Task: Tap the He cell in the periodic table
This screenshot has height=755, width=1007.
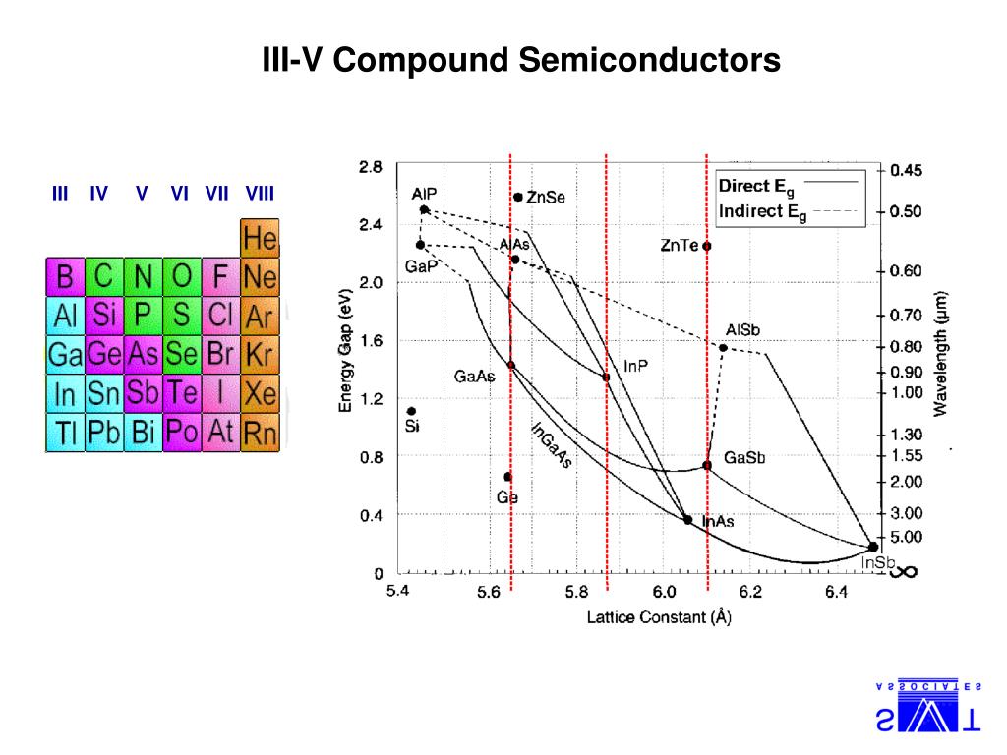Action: tap(260, 238)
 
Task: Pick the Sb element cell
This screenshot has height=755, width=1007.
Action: tap(143, 393)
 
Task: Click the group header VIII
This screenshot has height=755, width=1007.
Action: tap(260, 193)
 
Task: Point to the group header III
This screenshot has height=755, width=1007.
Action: tap(60, 193)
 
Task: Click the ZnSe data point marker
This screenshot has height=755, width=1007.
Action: tap(518, 197)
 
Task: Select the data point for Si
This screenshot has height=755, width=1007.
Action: tap(411, 411)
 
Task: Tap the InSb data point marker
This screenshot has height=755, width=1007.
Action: tap(872, 547)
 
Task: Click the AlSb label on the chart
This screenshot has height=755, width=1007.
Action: tap(742, 329)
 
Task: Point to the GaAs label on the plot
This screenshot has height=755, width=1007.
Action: tap(474, 376)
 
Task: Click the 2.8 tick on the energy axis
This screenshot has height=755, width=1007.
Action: tap(370, 167)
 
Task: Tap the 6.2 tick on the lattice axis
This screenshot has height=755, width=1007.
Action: tap(750, 591)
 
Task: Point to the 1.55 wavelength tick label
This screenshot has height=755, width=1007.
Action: tap(906, 455)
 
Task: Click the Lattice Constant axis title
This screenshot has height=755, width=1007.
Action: tap(659, 617)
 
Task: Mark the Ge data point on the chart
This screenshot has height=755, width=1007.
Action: tap(507, 477)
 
